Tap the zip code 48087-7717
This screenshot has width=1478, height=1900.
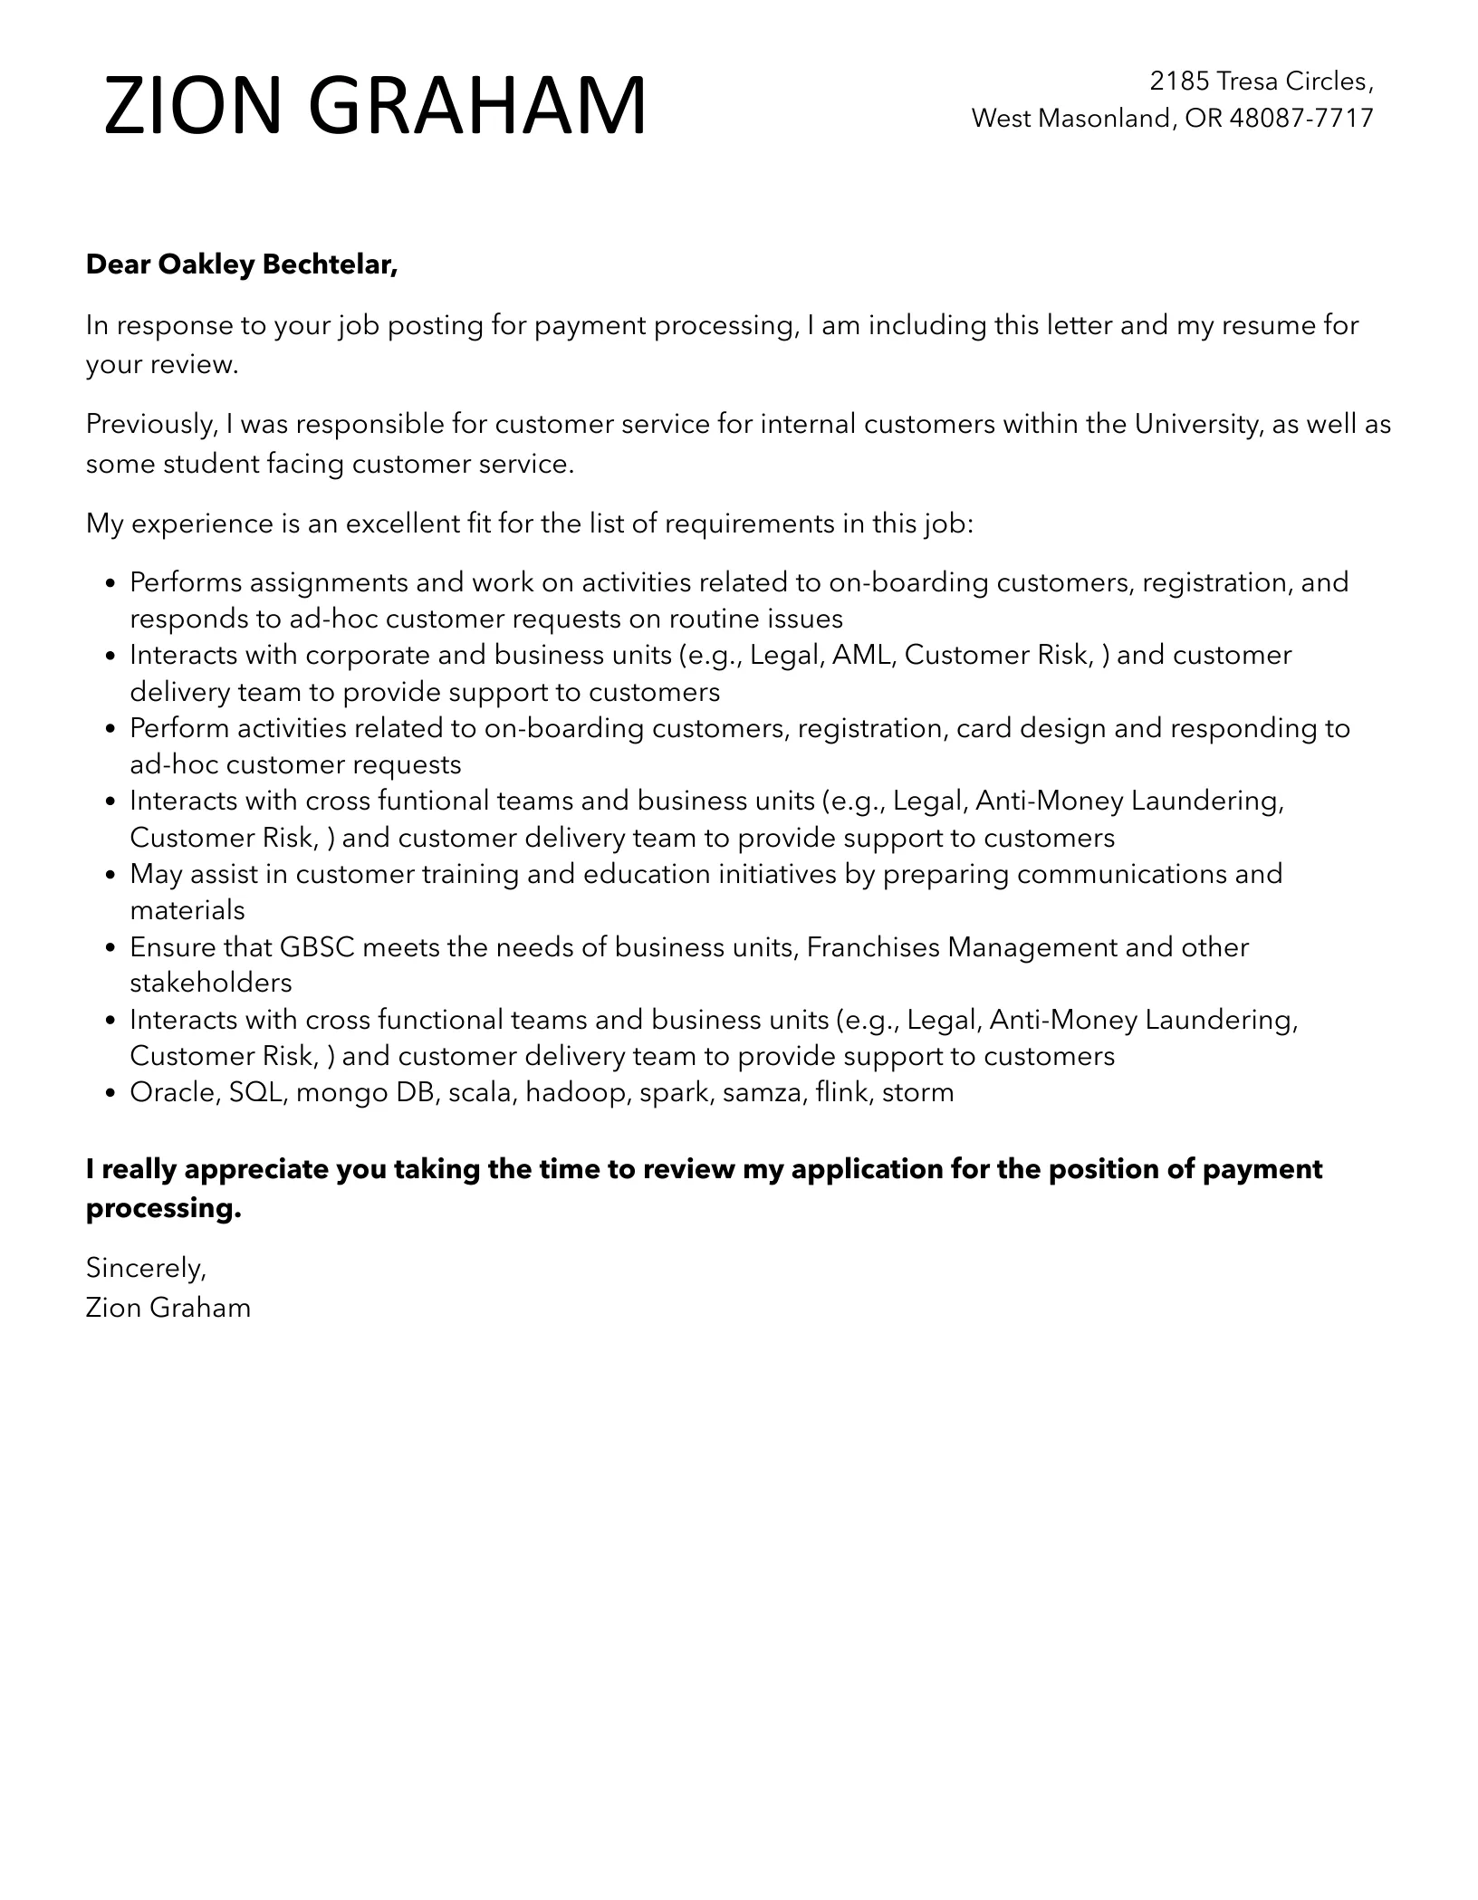point(1301,118)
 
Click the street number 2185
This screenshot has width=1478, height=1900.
point(1179,82)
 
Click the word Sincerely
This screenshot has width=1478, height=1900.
point(146,1268)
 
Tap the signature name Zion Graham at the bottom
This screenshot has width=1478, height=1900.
point(168,1308)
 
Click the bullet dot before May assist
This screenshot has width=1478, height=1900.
point(110,876)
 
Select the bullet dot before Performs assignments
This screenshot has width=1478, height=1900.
point(110,583)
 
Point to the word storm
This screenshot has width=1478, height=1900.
point(917,1092)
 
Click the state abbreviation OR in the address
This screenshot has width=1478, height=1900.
point(1203,118)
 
